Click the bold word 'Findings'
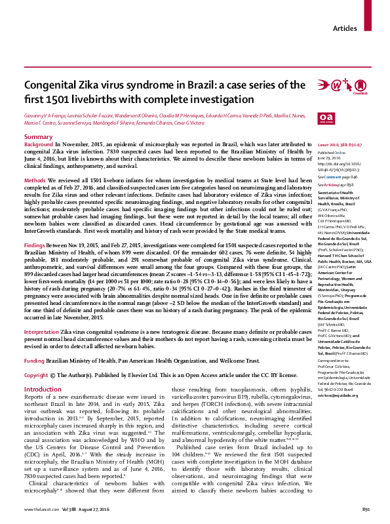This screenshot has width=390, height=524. (37, 242)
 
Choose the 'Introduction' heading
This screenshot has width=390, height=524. (43, 389)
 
